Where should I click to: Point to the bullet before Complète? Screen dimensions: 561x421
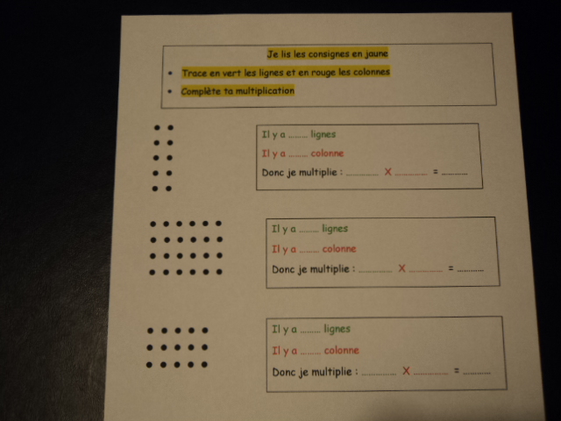[x=170, y=91]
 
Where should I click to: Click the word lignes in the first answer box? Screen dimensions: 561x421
[x=323, y=134]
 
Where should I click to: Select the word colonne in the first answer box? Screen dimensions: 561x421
[x=327, y=153]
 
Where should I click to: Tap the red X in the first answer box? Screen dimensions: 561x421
[x=387, y=172]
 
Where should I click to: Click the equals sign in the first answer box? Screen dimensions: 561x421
[x=435, y=172]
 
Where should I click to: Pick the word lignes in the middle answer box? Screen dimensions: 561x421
[x=335, y=228]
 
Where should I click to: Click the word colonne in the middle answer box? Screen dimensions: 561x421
[x=339, y=248]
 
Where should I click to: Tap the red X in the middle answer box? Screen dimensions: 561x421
[x=401, y=268]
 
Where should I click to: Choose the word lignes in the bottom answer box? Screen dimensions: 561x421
[x=337, y=329]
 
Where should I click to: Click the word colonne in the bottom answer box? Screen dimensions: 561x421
[x=341, y=350]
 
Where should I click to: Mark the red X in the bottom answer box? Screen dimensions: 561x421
[x=406, y=370]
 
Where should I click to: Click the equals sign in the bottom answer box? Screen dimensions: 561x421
[x=457, y=370]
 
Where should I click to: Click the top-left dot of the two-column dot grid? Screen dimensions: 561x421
[x=157, y=127]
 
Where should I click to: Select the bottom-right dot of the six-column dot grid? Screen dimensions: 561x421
[x=219, y=272]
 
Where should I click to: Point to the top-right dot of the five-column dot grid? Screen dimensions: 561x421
[x=204, y=331]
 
